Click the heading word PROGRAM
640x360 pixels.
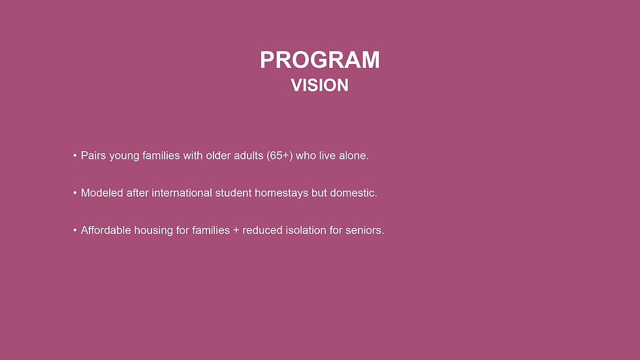click(x=319, y=60)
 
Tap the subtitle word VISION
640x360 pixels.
click(x=319, y=86)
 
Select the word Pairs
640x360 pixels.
click(x=93, y=156)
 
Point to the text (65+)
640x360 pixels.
click(x=280, y=156)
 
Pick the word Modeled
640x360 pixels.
click(x=101, y=193)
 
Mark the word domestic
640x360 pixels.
click(x=353, y=193)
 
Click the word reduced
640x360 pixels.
click(x=263, y=231)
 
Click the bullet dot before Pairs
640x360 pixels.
click(x=75, y=157)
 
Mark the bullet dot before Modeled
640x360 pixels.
click(x=75, y=194)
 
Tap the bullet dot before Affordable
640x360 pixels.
click(x=75, y=231)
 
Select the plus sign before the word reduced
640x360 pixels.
click(x=236, y=231)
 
